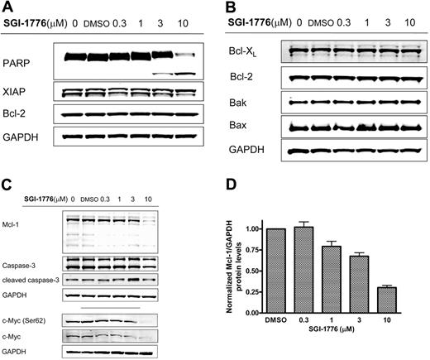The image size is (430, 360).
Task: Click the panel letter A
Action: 7,7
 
